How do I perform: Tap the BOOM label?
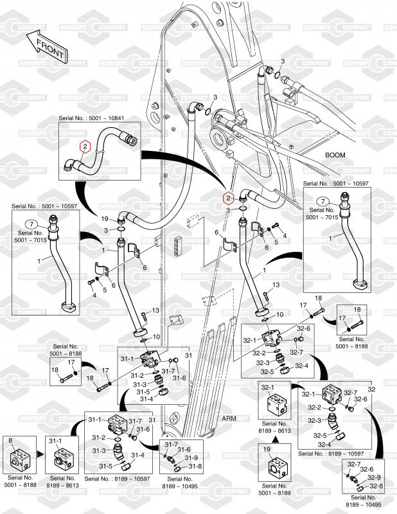pos(335,155)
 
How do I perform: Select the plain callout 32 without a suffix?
pos(370,389)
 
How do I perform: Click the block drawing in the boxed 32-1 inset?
pos(276,405)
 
